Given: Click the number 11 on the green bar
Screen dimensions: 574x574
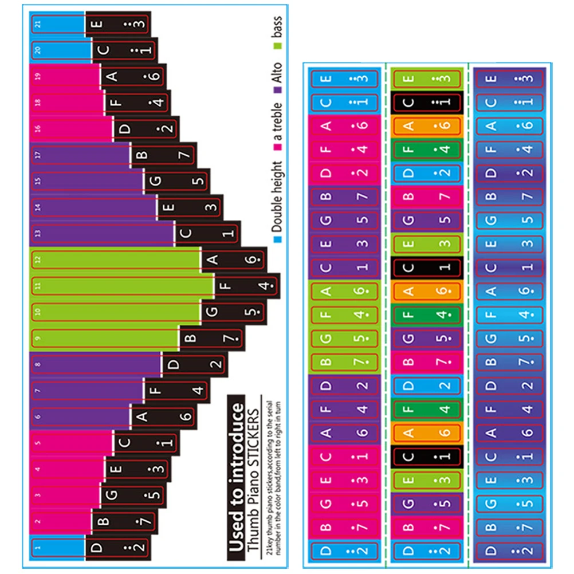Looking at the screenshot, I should click(38, 285).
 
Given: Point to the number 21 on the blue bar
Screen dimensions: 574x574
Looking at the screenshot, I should click(38, 23).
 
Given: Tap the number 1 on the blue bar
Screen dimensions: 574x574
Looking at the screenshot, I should click(38, 547).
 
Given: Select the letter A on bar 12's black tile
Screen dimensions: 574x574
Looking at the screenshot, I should click(213, 260).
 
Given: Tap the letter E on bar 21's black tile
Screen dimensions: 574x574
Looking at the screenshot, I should click(97, 24).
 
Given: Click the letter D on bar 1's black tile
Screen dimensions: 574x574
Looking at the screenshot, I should click(97, 547).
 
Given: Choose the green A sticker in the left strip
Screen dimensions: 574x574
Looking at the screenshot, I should click(327, 291).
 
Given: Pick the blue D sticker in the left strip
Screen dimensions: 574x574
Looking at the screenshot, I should click(327, 551).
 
